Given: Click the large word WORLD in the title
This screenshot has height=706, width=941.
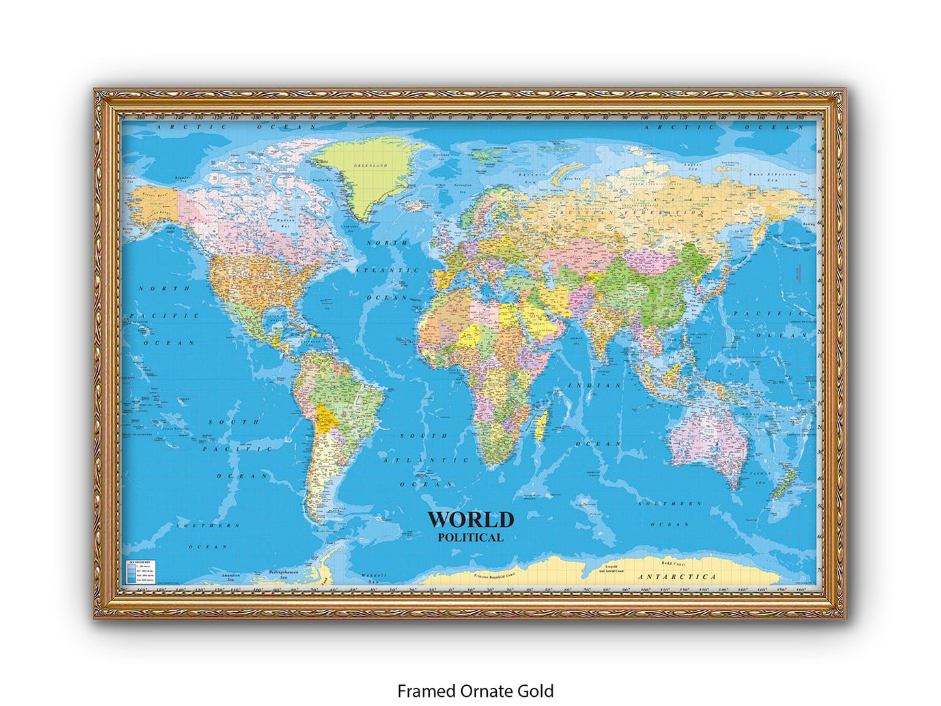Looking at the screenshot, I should (470, 520).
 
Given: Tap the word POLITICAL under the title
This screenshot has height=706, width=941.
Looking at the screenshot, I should (470, 537).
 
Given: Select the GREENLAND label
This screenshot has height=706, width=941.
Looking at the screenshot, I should (371, 165).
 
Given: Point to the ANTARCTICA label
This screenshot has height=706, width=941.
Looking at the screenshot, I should (677, 576).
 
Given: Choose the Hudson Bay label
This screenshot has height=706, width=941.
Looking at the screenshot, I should (287, 222).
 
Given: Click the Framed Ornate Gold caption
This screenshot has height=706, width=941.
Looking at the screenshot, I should (475, 690).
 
